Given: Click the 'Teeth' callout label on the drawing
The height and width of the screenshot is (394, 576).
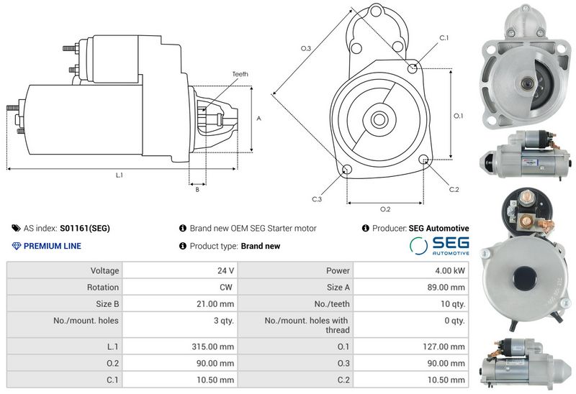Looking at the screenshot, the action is pyautogui.click(x=240, y=74).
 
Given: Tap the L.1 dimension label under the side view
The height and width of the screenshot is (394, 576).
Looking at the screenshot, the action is pyautogui.click(x=120, y=175).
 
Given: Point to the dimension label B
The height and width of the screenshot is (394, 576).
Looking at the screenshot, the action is pyautogui.click(x=197, y=190).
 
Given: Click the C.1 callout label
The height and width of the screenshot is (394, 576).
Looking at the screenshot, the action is pyautogui.click(x=444, y=38).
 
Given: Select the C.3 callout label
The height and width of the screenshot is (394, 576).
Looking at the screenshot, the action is pyautogui.click(x=317, y=199).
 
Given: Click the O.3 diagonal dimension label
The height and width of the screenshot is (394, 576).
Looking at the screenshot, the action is pyautogui.click(x=305, y=48).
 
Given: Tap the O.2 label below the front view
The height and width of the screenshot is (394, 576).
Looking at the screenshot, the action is pyautogui.click(x=385, y=209).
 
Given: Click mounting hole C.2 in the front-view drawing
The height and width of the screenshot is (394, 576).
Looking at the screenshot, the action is pyautogui.click(x=423, y=160).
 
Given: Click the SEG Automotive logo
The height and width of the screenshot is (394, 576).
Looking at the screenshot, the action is pyautogui.click(x=439, y=246).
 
